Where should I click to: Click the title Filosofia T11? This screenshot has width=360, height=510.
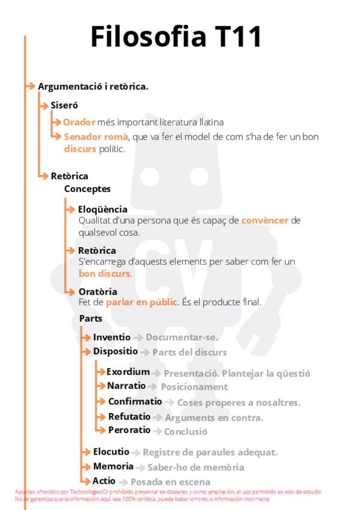pyautogui.click(x=176, y=37)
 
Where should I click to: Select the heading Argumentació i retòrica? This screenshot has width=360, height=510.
pyautogui.click(x=93, y=87)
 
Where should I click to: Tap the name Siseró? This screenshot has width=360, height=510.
pyautogui.click(x=64, y=105)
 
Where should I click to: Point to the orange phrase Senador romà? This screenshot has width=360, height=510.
pyautogui.click(x=96, y=137)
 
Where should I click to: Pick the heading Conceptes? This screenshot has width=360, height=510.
pyautogui.click(x=87, y=189)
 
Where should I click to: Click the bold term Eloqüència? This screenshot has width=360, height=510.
pyautogui.click(x=103, y=209)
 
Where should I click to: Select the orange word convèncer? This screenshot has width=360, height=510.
pyautogui.click(x=265, y=220)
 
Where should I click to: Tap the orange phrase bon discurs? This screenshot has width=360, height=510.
pyautogui.click(x=105, y=273)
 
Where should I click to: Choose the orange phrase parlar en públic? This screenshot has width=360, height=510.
pyautogui.click(x=142, y=302)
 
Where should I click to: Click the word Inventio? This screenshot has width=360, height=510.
pyautogui.click(x=112, y=337)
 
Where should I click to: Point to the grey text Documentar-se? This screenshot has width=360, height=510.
pyautogui.click(x=182, y=337)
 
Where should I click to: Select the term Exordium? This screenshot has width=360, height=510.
pyautogui.click(x=128, y=372)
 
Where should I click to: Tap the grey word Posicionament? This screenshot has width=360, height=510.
pyautogui.click(x=194, y=387)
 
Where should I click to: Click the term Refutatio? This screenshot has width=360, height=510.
pyautogui.click(x=129, y=416)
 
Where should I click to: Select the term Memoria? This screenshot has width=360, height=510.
pyautogui.click(x=113, y=466)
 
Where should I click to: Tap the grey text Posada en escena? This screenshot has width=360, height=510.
pyautogui.click(x=170, y=482)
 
